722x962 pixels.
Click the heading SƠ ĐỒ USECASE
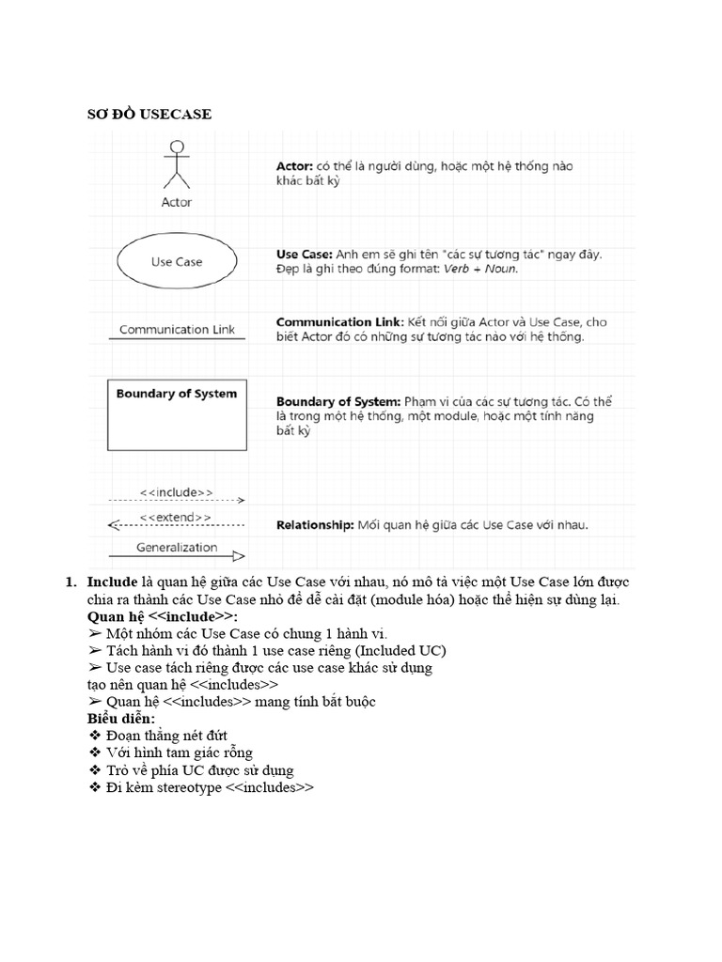click(149, 115)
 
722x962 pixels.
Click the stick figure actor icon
click(176, 166)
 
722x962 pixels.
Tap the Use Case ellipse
click(176, 262)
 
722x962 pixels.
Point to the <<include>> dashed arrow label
click(176, 491)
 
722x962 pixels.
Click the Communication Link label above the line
click(177, 330)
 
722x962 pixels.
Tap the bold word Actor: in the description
click(294, 166)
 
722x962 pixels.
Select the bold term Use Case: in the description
click(302, 255)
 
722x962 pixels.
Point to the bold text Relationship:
click(314, 525)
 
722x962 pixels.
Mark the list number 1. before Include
click(71, 582)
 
